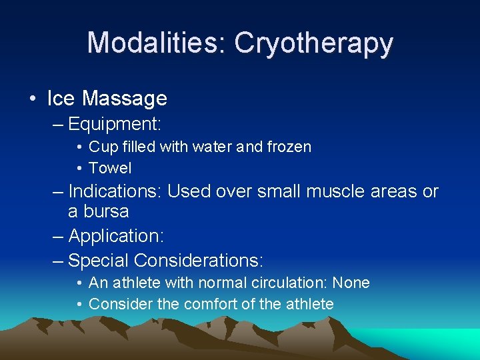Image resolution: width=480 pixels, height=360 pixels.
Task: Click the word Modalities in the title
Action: (x=155, y=43)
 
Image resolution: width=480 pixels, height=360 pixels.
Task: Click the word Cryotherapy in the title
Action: (x=313, y=43)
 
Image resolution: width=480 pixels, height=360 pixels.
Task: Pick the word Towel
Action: (x=110, y=168)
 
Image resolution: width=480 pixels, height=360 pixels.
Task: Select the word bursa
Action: (x=99, y=212)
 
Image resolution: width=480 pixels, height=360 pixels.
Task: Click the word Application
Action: (x=116, y=236)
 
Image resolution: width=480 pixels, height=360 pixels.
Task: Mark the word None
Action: (x=351, y=283)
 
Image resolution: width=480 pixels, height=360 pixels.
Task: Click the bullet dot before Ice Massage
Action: (x=32, y=99)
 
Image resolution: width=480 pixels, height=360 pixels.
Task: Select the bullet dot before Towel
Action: (x=79, y=168)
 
